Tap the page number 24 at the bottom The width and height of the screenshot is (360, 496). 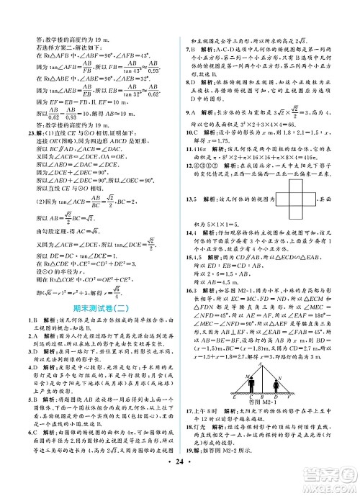(x=179, y=478)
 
